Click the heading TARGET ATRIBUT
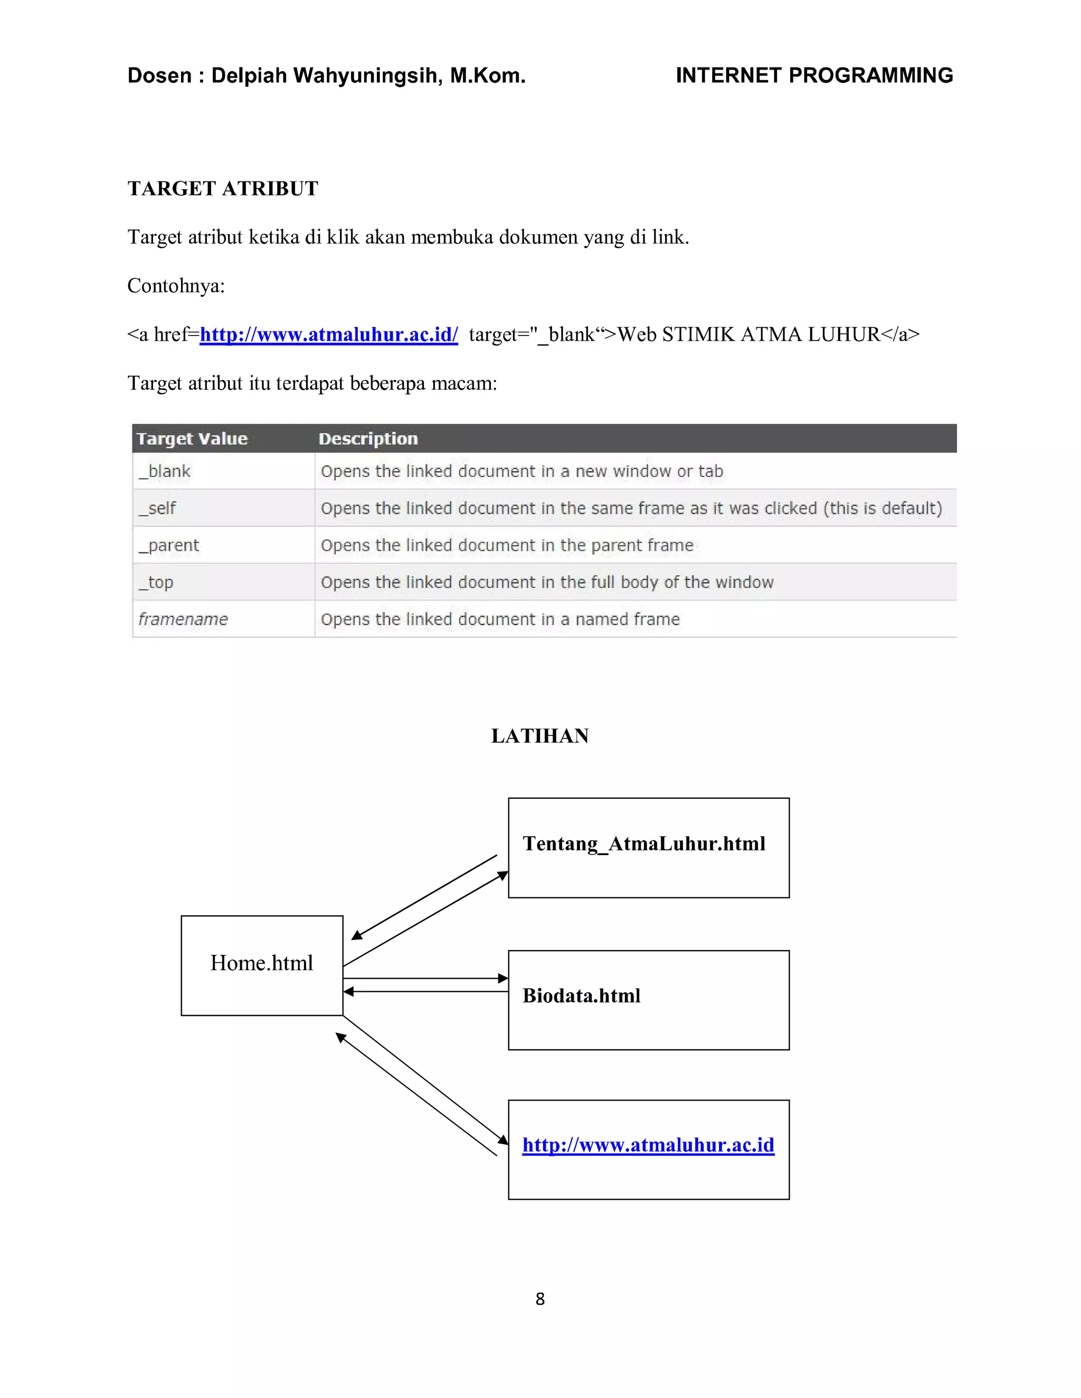click(x=222, y=189)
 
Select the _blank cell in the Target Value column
click(x=165, y=472)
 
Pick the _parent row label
click(x=169, y=546)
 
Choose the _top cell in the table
click(x=156, y=582)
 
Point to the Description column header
click(x=368, y=439)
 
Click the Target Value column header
click(x=192, y=439)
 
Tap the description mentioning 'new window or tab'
click(x=522, y=472)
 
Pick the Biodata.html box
click(x=648, y=999)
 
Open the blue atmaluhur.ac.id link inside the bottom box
click(x=648, y=1145)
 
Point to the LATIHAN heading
click(x=540, y=736)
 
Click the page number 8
click(x=540, y=1299)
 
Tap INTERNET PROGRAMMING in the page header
click(x=814, y=75)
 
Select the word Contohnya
click(x=176, y=286)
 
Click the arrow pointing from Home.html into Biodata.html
click(x=425, y=978)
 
